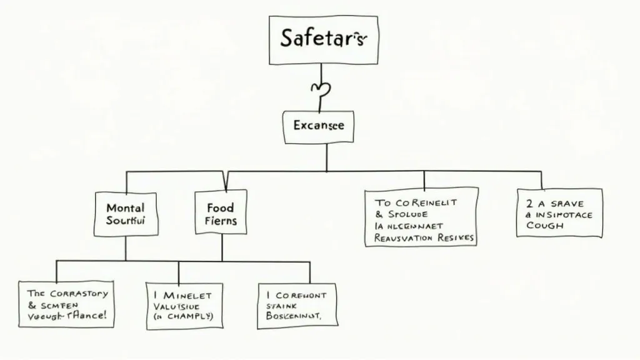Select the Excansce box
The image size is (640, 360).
(x=318, y=126)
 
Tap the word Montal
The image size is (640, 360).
(x=125, y=207)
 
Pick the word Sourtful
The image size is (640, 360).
(x=126, y=221)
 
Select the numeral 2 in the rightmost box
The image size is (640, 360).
(x=529, y=202)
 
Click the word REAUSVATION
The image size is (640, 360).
(x=403, y=237)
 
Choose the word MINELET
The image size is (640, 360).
(x=187, y=294)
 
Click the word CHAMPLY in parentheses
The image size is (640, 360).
(x=186, y=316)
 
